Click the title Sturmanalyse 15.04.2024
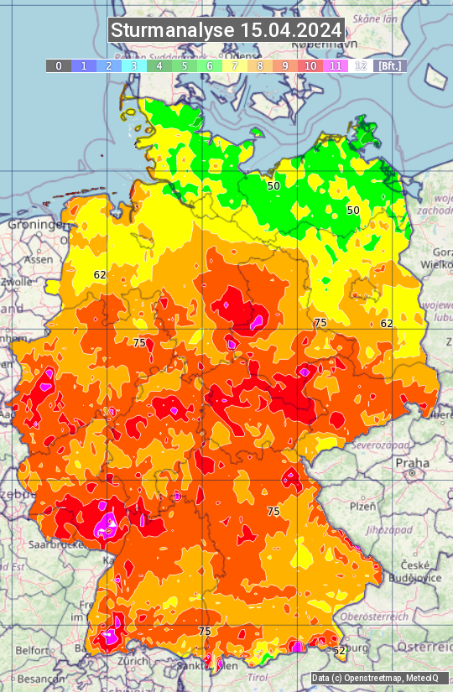226,31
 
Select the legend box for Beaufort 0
58,65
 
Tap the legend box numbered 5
184,65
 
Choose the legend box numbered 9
285,65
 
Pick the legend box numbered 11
336,65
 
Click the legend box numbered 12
361,65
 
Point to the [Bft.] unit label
389,65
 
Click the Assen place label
36,260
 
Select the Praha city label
412,463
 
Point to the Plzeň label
362,507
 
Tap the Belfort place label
34,649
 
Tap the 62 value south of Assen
100,274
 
